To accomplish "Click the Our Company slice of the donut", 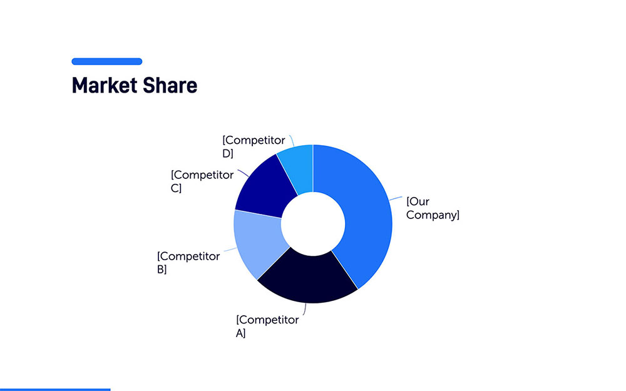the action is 367,215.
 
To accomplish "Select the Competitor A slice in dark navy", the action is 307,279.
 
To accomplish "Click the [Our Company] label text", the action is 433,208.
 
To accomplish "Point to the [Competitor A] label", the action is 267,327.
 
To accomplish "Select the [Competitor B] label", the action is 188,263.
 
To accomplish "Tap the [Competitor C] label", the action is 202,181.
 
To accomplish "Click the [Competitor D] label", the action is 254,146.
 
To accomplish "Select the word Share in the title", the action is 170,85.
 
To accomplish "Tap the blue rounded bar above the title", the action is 107,61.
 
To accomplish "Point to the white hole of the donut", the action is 313,224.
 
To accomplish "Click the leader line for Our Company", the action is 396,198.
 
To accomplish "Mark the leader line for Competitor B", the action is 230,250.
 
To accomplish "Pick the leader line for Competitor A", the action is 305,310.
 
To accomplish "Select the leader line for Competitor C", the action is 244,173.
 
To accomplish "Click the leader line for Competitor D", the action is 292,141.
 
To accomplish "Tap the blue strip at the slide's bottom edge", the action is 55,389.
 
